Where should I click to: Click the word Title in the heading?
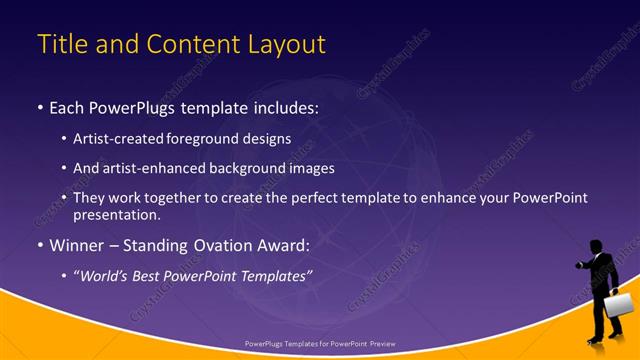point(61,45)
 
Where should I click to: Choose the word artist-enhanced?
point(154,168)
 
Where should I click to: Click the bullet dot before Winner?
point(40,244)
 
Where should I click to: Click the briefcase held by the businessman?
point(617,305)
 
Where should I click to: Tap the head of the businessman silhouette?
point(596,247)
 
